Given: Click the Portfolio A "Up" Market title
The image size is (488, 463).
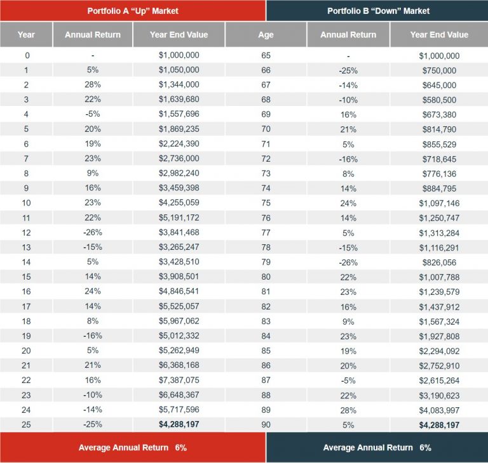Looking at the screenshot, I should tap(133, 11).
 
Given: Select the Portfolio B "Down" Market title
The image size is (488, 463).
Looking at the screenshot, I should tap(378, 11).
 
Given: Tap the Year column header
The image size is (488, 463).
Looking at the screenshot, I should tap(27, 35).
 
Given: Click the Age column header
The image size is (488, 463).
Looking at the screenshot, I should tap(266, 35).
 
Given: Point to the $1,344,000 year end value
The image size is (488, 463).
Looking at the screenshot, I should tap(179, 85).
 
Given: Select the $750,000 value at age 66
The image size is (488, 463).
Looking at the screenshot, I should tap(439, 70).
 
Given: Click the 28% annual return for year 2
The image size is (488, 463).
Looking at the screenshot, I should tap(92, 85).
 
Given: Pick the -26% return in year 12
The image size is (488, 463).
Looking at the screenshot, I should tap(92, 233).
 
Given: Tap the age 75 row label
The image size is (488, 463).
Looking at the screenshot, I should tap(266, 203).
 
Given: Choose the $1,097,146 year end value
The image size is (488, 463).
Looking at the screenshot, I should tap(439, 203).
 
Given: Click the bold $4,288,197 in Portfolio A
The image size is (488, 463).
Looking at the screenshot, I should tap(179, 425).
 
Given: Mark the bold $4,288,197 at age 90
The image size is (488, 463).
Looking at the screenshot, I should tap(439, 425).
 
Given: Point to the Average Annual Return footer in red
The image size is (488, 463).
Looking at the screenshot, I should tap(133, 448).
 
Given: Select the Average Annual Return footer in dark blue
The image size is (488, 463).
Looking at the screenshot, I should tap(377, 448).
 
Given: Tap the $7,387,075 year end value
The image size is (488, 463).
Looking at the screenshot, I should tap(179, 381).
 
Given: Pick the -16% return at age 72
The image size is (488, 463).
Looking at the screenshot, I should tap(348, 159).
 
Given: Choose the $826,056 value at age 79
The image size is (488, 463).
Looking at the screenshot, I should tap(439, 262).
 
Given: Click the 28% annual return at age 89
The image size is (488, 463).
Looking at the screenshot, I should tap(348, 410).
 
